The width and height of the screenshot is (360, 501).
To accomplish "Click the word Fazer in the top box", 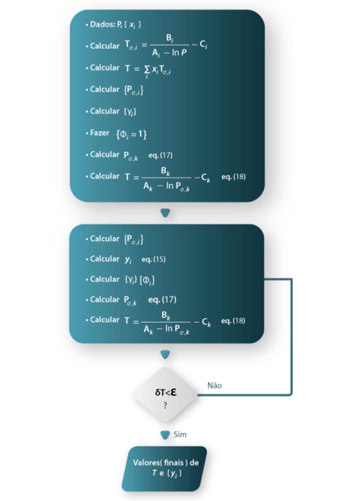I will (99, 133).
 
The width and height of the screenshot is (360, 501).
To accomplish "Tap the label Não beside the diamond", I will (214, 385).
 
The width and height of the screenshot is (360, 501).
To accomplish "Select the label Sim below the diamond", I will (180, 434).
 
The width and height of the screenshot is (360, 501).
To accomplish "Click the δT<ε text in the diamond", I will (165, 392).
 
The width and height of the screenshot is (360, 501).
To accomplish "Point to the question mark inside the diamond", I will (165, 405).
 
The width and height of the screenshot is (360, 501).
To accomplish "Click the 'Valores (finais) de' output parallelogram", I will (165, 468).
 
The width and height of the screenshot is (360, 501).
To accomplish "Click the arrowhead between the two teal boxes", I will (165, 213).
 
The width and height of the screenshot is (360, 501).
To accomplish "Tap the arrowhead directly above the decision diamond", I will (165, 354).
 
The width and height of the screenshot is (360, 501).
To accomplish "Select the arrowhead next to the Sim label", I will (165, 435).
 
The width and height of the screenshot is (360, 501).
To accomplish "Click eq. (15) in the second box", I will (153, 259).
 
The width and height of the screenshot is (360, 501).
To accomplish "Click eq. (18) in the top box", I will (233, 177).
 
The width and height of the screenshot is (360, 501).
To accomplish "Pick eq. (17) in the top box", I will (160, 155).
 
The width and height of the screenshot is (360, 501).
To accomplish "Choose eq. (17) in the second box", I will (162, 299).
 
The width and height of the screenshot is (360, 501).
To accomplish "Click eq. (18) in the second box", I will (233, 321).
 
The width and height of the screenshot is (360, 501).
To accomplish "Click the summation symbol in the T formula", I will (147, 70).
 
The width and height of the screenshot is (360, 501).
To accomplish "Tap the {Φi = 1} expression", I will (131, 134).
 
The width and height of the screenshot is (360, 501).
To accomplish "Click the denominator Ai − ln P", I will (169, 53).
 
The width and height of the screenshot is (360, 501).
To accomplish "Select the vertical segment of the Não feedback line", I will (292, 336).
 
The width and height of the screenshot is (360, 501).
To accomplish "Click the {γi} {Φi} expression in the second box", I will (140, 280).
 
